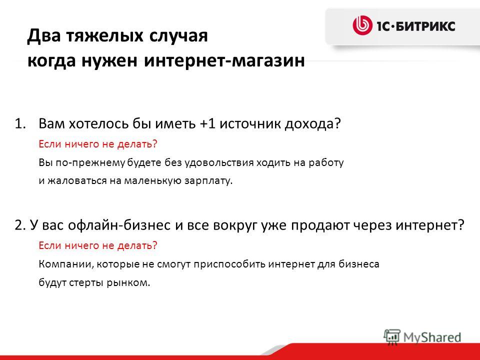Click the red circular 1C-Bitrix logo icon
coord(362,25)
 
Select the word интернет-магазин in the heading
coord(224,60)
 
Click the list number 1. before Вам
coord(20,123)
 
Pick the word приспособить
coord(229,264)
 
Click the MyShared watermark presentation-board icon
coord(392,337)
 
